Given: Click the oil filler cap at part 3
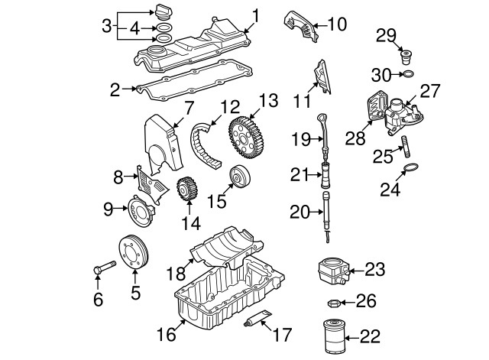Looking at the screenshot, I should click(163, 12).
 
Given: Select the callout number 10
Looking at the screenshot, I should click(336, 24).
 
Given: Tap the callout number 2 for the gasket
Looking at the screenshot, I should click(115, 90).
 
